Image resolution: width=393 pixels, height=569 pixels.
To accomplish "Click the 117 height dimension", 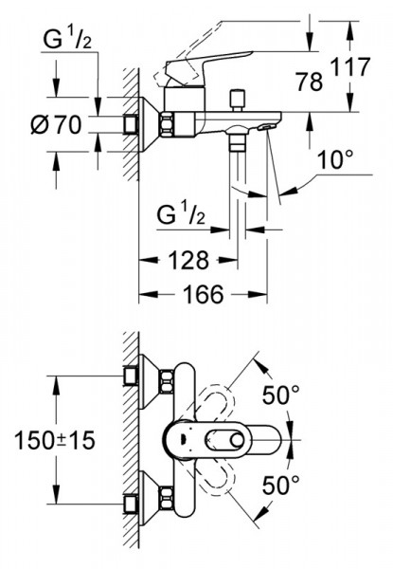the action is [x=350, y=66].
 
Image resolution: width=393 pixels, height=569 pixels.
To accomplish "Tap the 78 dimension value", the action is [x=309, y=82].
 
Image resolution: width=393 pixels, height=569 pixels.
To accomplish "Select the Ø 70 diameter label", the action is [x=56, y=125].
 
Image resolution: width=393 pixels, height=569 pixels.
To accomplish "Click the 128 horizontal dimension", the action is [x=188, y=260].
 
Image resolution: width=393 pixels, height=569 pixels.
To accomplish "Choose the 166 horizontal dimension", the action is [x=204, y=294].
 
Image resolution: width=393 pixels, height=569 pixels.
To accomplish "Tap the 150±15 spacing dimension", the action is [x=54, y=440].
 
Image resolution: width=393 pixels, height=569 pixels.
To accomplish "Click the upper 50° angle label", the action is [x=281, y=395].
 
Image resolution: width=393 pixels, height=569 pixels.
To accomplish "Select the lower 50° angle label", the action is [x=281, y=486].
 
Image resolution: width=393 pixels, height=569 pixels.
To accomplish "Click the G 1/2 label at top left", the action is [x=67, y=39].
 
